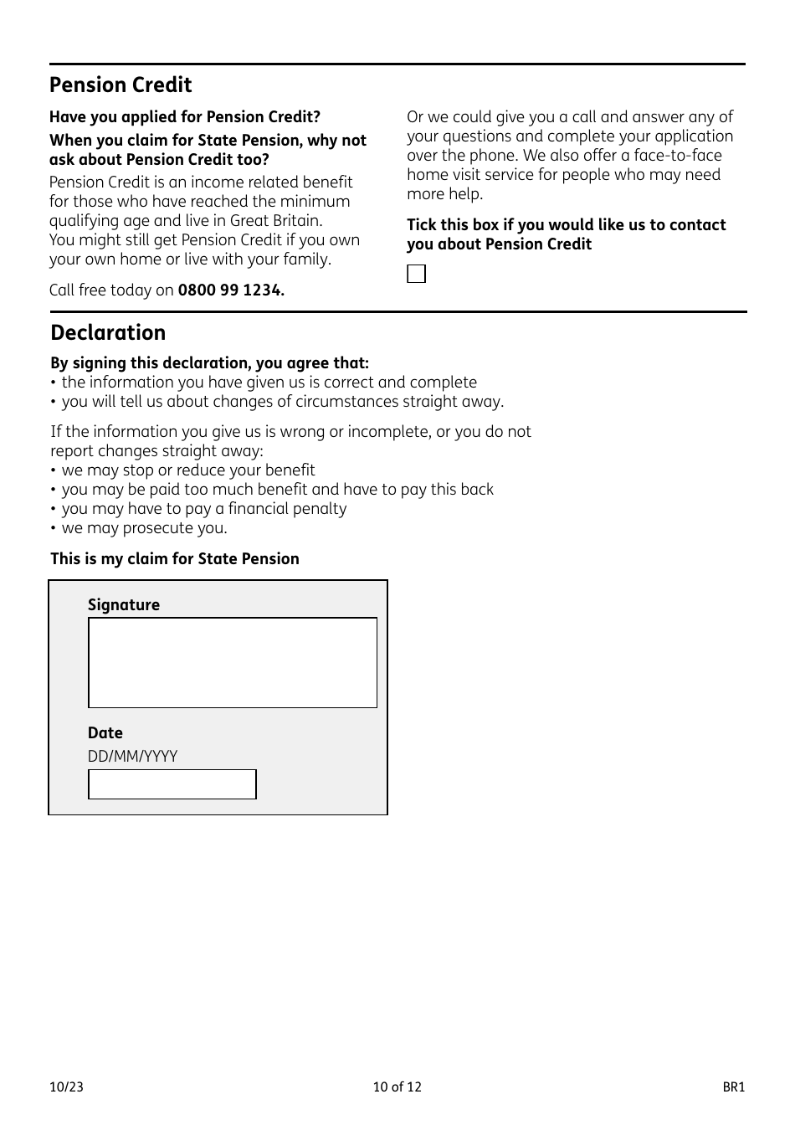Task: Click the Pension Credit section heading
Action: pos(121,85)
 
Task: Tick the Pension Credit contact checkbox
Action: pos(416,274)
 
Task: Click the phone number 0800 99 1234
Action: pos(231,290)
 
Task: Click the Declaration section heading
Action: pos(108,333)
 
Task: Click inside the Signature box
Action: pos(233,662)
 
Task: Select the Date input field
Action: pos(172,784)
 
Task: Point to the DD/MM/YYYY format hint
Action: pos(132,757)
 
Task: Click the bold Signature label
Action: pos(124,605)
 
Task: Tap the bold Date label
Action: pos(105,733)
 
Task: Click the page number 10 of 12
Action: pos(397,1087)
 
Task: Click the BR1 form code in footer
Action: pos(733,1087)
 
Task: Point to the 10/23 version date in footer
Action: pos(66,1087)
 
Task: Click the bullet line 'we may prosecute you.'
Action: pos(144,528)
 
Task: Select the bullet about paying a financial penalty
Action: pos(203,509)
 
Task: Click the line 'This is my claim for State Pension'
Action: pos(175,559)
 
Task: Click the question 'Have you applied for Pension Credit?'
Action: pos(184,117)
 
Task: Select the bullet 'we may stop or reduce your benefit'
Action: pos(188,470)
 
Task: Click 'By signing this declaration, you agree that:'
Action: pos(209,363)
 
